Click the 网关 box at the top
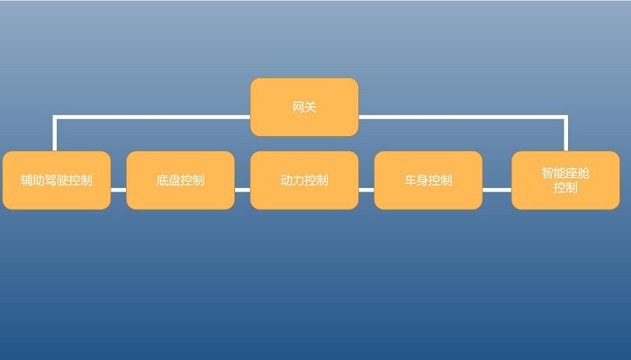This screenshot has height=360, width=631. (x=304, y=107)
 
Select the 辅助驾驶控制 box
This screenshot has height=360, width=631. (x=56, y=180)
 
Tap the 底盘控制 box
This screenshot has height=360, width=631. (x=180, y=180)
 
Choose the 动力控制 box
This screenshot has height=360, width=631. (x=304, y=180)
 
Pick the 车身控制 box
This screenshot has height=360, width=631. (x=428, y=180)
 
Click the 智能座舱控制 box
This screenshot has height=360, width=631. (x=565, y=180)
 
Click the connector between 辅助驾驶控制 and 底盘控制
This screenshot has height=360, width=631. (x=118, y=190)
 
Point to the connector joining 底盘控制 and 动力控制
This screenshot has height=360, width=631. (x=242, y=190)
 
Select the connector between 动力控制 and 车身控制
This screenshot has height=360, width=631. (x=366, y=190)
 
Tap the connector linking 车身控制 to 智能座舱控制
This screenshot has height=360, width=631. (x=497, y=190)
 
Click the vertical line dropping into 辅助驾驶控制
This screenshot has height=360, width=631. (x=55, y=135)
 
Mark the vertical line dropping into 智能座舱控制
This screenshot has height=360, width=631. (x=566, y=135)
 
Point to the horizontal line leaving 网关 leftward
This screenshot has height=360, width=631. (x=153, y=117)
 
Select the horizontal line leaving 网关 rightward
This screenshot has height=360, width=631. (x=459, y=117)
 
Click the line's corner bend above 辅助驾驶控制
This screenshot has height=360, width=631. (x=55, y=117)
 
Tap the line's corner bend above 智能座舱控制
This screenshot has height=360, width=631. (x=566, y=117)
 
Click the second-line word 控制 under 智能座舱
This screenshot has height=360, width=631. (x=565, y=188)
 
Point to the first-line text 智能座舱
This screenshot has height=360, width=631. (x=565, y=172)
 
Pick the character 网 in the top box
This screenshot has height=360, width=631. (x=298, y=107)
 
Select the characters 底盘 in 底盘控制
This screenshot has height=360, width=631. (x=167, y=180)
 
